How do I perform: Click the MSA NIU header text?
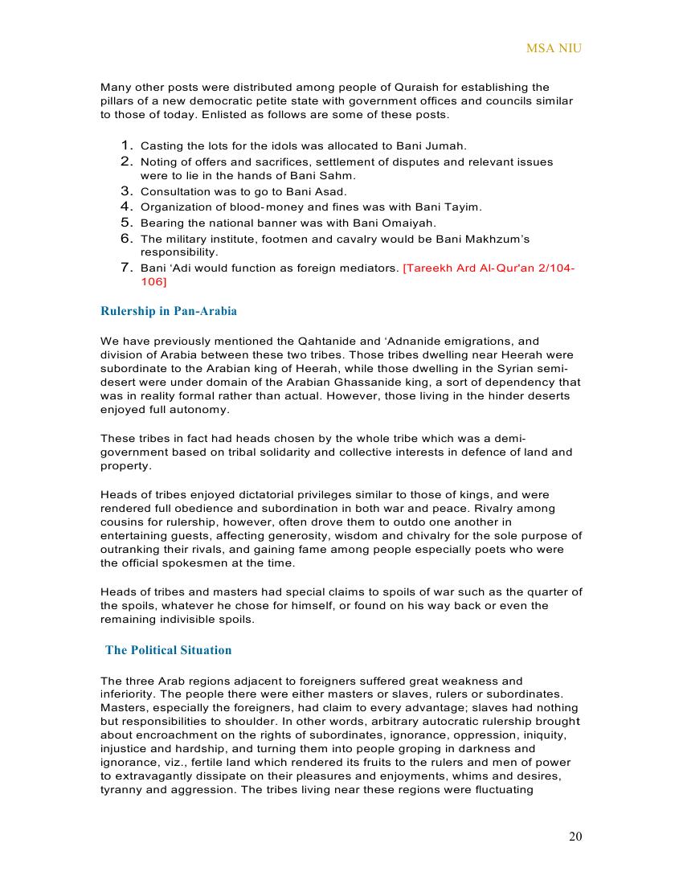pos(554,48)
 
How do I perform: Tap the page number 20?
pos(575,837)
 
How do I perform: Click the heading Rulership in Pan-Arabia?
pos(169,311)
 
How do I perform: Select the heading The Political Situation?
pos(168,650)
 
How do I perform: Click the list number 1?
pos(126,145)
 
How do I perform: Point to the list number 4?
pos(126,207)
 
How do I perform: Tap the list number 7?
pos(126,268)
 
